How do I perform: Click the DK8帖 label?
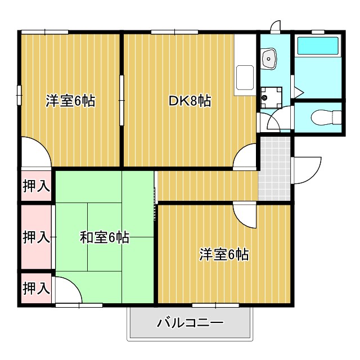pyautogui.click(x=190, y=101)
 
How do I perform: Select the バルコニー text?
pyautogui.click(x=190, y=323)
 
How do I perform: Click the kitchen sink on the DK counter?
pyautogui.click(x=246, y=76)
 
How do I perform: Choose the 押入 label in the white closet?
pyautogui.click(x=37, y=186)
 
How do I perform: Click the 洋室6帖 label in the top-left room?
pyautogui.click(x=70, y=101)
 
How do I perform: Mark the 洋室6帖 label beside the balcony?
pyautogui.click(x=224, y=254)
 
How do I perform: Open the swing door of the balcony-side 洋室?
pyautogui.click(x=246, y=217)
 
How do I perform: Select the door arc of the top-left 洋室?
pyautogui.click(x=35, y=152)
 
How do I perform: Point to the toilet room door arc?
pyautogui.click(x=277, y=120)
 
